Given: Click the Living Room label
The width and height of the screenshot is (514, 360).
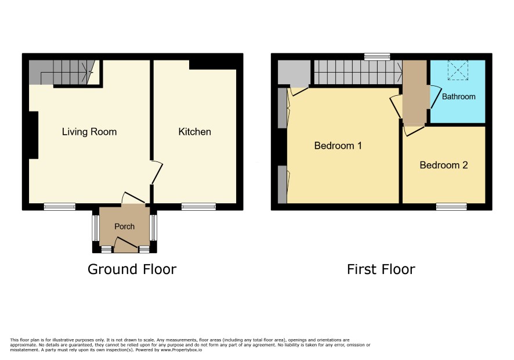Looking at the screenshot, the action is [x=89, y=132].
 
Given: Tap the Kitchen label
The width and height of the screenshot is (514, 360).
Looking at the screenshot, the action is [x=194, y=132].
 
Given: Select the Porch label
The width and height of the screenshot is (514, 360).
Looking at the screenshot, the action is [x=124, y=226].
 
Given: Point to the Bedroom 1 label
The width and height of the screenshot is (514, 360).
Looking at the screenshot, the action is [x=338, y=145].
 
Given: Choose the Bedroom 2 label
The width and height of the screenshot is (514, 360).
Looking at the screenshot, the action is [x=444, y=165].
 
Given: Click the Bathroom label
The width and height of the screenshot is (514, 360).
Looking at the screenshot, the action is [x=459, y=96].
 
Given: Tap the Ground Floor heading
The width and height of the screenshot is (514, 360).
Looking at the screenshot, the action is [x=132, y=269].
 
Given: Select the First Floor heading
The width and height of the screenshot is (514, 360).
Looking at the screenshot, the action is [x=381, y=269].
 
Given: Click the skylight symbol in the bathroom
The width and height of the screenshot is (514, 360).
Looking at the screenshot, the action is [x=458, y=70].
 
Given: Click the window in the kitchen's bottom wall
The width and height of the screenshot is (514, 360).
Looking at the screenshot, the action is [x=198, y=206].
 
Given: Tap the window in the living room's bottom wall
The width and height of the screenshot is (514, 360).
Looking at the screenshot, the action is [x=60, y=206].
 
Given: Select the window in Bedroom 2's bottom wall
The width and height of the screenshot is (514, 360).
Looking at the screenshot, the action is [x=451, y=206].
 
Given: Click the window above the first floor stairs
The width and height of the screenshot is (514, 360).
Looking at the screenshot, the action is [x=377, y=56].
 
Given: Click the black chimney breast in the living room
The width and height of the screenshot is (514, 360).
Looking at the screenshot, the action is [x=34, y=135].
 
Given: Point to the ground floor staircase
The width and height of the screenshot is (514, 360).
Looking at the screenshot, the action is [x=61, y=72].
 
